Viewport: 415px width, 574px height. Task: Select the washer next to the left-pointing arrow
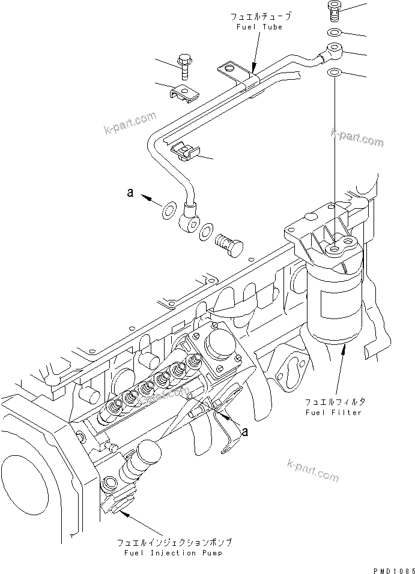[168, 209]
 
